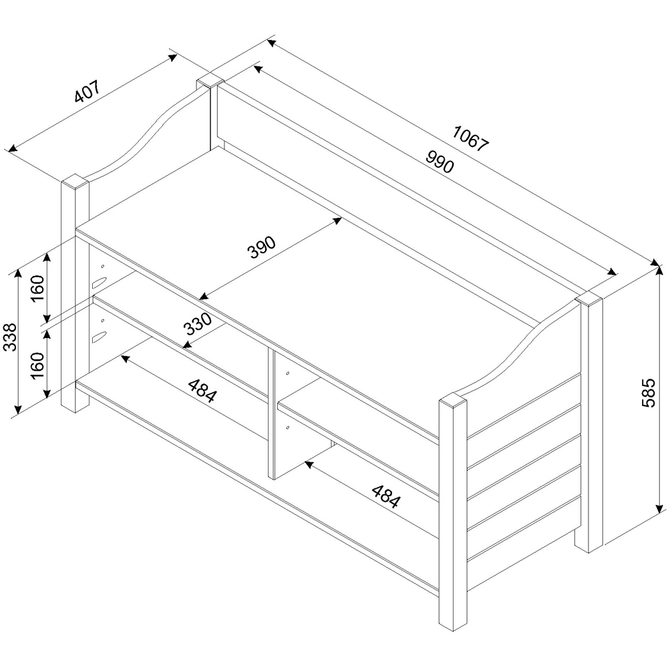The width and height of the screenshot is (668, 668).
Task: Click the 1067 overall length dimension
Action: tap(471, 136)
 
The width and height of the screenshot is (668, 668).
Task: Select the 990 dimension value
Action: tap(438, 161)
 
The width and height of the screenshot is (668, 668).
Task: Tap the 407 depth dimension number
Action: tap(87, 92)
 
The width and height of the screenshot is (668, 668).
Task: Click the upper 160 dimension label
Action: tap(38, 288)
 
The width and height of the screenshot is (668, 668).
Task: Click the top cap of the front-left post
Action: tap(75, 180)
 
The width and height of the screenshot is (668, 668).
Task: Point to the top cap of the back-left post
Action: tap(209, 83)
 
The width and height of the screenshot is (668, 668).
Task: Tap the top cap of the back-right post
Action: tap(589, 298)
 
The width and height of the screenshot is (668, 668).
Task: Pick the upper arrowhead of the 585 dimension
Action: tap(659, 270)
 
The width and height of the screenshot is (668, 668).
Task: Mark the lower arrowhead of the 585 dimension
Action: tap(659, 507)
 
